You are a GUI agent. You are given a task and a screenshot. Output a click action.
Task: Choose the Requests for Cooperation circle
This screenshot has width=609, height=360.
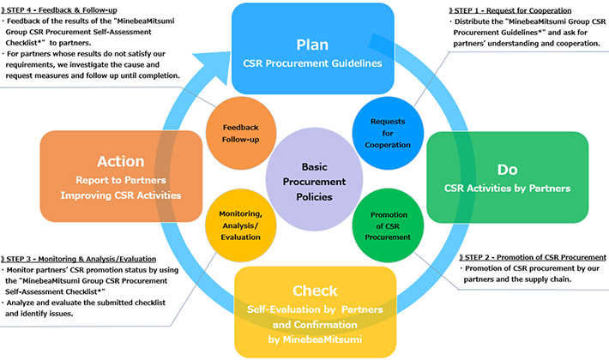point(387,134)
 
